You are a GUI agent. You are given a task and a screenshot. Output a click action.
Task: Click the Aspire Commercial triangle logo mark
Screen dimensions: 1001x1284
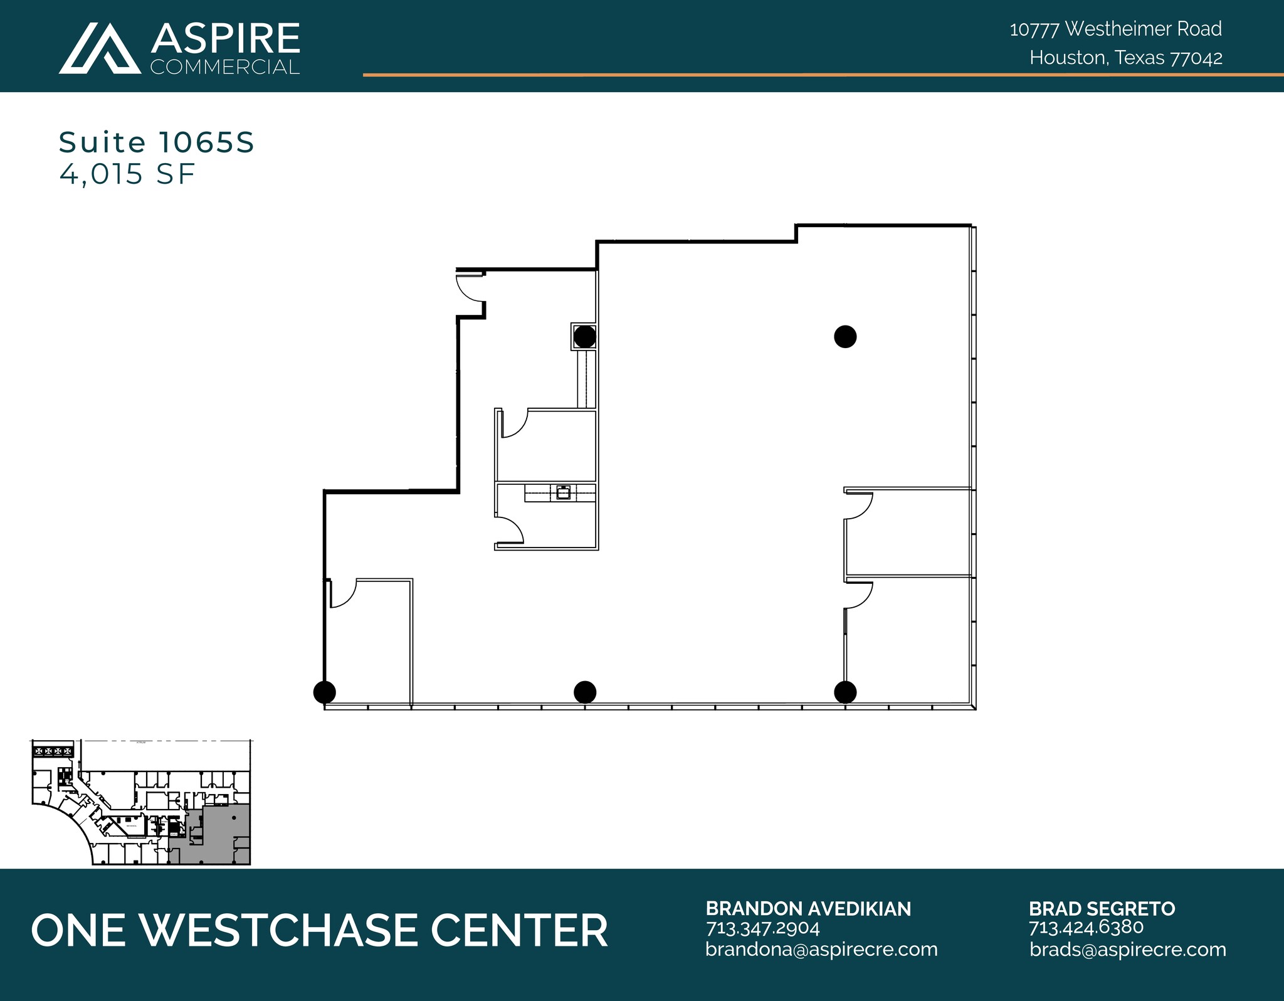[x=100, y=49]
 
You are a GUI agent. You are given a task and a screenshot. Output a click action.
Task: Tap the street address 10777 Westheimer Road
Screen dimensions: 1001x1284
[x=1115, y=29]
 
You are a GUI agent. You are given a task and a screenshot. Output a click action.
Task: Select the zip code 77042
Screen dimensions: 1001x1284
[x=1197, y=58]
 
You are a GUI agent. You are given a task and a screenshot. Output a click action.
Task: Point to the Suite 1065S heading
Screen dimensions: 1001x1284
[x=156, y=142]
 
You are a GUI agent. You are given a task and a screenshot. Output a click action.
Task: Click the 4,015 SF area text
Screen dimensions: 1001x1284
[x=127, y=174]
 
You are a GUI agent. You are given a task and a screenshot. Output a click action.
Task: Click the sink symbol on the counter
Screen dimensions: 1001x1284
[x=563, y=492]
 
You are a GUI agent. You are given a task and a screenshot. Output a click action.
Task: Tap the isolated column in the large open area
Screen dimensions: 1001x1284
[x=845, y=337]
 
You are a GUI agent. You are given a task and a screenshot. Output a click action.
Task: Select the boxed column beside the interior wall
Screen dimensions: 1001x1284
[x=584, y=337]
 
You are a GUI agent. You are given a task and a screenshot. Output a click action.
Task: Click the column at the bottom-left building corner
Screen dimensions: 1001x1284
[x=324, y=692]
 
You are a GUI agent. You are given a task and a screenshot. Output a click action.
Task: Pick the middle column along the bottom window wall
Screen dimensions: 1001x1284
[x=584, y=692]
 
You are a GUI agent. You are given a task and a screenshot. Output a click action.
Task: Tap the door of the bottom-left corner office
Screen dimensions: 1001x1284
[x=342, y=593]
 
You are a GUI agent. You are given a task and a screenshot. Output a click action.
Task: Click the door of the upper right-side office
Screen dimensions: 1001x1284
[x=858, y=506]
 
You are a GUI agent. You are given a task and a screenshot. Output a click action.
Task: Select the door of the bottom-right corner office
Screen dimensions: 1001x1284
[x=858, y=595]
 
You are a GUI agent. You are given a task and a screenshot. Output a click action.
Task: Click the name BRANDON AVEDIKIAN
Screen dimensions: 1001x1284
[x=808, y=909]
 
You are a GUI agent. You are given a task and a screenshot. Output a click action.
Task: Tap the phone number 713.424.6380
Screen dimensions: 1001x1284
[x=1086, y=927]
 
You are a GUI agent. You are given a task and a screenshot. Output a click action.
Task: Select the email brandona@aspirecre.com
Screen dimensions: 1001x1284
[x=821, y=950]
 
